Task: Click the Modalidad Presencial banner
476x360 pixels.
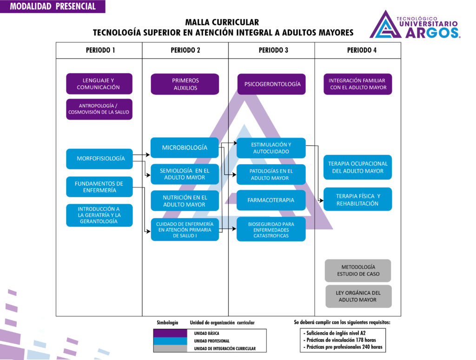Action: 53,7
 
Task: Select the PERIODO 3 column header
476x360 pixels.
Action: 273,50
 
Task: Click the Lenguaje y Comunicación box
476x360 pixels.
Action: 99,84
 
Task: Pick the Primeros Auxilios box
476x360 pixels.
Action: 185,84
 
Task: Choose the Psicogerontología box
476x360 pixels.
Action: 271,84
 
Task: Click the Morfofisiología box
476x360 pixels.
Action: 99,159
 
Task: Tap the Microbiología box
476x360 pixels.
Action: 185,148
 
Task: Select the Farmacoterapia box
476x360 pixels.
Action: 271,200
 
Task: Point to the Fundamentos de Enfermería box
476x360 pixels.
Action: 99,187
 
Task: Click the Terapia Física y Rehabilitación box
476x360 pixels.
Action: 357,200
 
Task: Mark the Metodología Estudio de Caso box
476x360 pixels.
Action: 357,271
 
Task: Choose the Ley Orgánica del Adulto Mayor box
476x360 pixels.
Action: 357,296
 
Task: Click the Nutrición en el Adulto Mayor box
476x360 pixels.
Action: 185,201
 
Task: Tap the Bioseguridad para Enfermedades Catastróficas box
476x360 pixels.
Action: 271,229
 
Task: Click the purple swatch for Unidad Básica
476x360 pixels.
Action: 170,333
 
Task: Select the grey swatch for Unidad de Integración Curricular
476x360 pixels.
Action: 170,348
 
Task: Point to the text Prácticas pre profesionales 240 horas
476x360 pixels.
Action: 344,347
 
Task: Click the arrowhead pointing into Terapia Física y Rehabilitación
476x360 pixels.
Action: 321,200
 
